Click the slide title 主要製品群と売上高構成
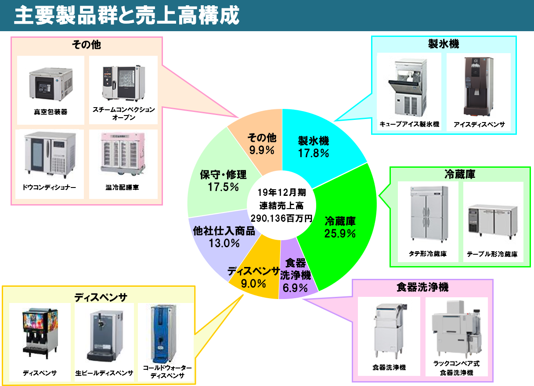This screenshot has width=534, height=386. coord(127,15)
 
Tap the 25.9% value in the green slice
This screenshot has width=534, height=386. coord(340,234)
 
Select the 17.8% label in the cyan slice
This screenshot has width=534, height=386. coord(314,153)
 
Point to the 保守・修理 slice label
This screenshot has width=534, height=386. coord(223,174)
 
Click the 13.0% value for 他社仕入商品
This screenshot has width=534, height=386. coord(224,243)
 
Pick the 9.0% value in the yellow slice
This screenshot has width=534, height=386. coord(253,284)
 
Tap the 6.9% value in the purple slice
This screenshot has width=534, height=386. coord(295,288)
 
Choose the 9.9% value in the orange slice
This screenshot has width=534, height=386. coord(262,150)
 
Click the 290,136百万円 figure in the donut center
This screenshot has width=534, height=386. coord(281,218)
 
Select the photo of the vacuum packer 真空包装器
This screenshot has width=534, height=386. coord(51,84)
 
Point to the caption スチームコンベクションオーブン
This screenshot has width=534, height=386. coord(124,113)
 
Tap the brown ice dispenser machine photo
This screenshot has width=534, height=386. coord(479,87)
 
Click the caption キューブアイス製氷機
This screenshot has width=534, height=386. coord(409,124)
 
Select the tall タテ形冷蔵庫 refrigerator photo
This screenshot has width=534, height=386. coord(429,214)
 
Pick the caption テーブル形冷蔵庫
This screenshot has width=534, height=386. coord(492,254)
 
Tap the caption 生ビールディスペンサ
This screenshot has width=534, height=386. coord(104,373)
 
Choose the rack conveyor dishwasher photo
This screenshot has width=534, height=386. coord(456,329)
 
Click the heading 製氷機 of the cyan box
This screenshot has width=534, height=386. coord(444,44)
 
